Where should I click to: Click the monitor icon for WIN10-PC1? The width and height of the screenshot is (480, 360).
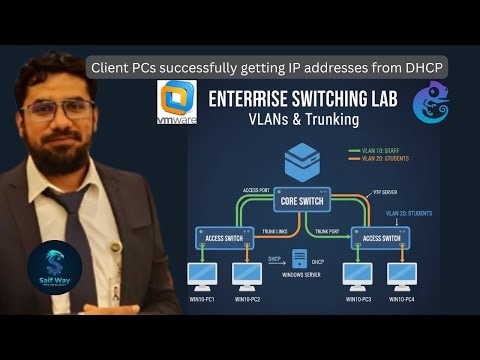[x=204, y=274]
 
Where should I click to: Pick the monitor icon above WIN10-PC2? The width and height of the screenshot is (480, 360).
[x=246, y=274]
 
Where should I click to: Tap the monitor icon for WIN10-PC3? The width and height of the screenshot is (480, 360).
[x=358, y=274]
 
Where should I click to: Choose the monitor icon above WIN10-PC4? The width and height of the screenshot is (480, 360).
[x=401, y=274]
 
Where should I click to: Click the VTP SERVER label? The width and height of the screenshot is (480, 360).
[x=386, y=190]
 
